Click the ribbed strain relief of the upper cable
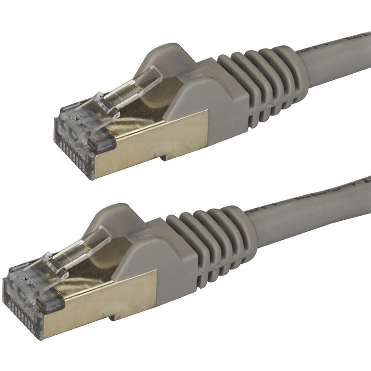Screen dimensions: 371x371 260,88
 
